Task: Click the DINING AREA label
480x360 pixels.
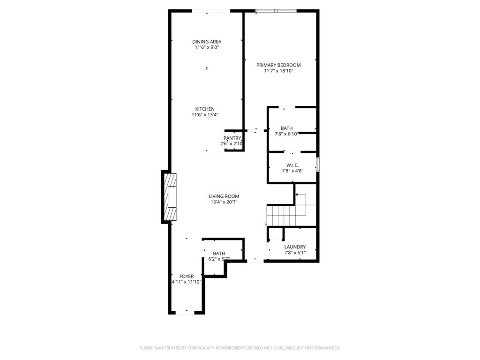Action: pyautogui.click(x=207, y=42)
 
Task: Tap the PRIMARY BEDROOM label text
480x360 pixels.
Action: pyautogui.click(x=278, y=65)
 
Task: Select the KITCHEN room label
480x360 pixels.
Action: pyautogui.click(x=205, y=109)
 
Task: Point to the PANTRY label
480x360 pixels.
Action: pyautogui.click(x=232, y=138)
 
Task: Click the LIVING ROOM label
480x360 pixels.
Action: pyautogui.click(x=224, y=196)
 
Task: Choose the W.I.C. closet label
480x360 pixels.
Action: pyautogui.click(x=292, y=165)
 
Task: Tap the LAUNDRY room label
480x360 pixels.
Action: pyautogui.click(x=295, y=247)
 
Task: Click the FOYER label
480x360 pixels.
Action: pyautogui.click(x=187, y=276)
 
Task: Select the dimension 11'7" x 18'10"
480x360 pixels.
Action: pyautogui.click(x=278, y=71)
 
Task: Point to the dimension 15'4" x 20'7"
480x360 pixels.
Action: pyautogui.click(x=224, y=202)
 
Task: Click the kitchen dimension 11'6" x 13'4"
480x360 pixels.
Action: pyautogui.click(x=205, y=115)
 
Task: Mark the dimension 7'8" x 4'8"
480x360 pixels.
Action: pyautogui.click(x=292, y=171)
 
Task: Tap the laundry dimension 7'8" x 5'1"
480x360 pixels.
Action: pyautogui.click(x=295, y=253)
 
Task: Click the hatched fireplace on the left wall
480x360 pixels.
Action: pyautogui.click(x=170, y=197)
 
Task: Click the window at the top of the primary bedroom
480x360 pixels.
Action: pyautogui.click(x=276, y=11)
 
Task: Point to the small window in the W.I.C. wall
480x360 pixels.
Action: pyautogui.click(x=318, y=165)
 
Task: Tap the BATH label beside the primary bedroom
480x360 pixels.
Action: pyautogui.click(x=286, y=128)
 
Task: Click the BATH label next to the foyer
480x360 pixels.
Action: pyautogui.click(x=219, y=254)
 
